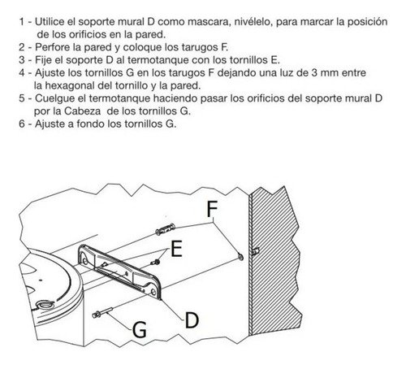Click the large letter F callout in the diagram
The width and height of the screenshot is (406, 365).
coord(212,209)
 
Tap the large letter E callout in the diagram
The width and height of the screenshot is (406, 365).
coord(176,249)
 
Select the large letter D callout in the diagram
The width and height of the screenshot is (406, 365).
coord(192,319)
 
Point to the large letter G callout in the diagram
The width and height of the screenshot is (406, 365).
coord(140,329)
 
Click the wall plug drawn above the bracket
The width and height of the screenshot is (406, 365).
coord(165,229)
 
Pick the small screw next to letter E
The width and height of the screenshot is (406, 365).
coord(155,262)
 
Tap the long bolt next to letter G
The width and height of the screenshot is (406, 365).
coord(102,312)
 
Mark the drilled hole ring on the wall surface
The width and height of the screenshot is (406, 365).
coord(240,256)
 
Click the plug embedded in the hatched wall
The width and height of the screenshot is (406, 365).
coord(256,251)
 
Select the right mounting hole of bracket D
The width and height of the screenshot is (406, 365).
coord(153,292)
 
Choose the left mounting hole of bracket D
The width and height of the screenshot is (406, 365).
coord(84,262)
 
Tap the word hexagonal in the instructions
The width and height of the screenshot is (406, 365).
coord(70,85)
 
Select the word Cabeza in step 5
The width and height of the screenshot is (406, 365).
coord(82,111)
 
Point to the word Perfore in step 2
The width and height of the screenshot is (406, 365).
coord(52,47)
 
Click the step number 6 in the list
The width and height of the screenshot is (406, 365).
coord(22,124)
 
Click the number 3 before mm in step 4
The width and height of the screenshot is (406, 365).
coord(314,73)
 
